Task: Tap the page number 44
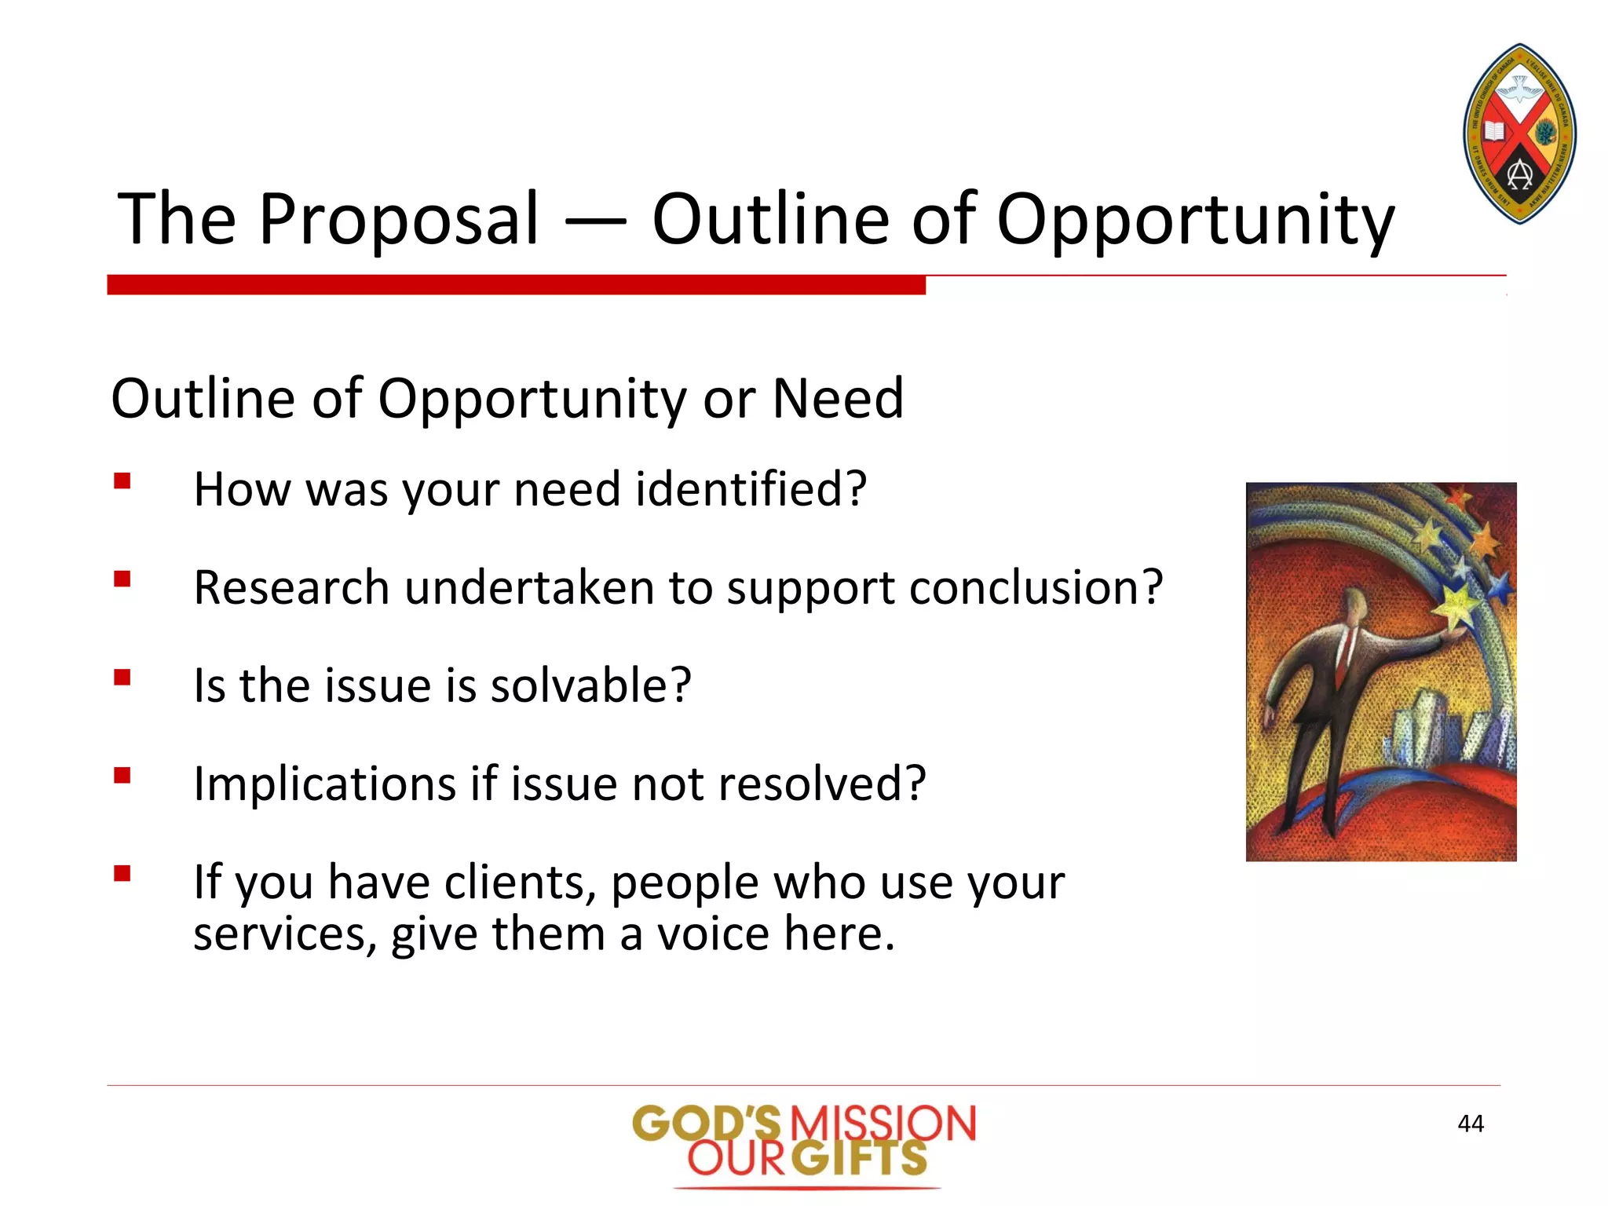[1470, 1124]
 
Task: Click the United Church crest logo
[1519, 134]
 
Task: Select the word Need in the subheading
[838, 398]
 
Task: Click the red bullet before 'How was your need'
[122, 481]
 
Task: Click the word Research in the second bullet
[291, 587]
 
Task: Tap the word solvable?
[590, 685]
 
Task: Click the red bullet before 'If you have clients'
[122, 873]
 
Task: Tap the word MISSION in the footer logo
[882, 1124]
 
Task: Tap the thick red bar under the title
[516, 285]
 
